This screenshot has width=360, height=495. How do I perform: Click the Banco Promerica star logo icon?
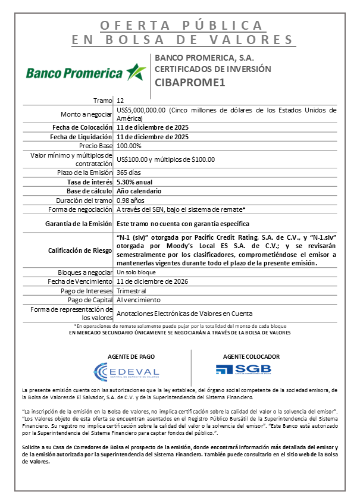point(136,72)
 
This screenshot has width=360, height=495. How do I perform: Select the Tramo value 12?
point(120,101)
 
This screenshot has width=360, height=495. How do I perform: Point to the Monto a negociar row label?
point(87,114)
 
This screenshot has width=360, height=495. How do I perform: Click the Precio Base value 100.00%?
point(129,146)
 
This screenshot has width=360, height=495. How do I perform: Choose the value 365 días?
point(131,173)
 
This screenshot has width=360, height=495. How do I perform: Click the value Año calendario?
point(139,191)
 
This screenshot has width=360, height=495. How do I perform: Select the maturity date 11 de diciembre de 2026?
point(153,281)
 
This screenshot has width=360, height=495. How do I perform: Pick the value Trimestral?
point(132,291)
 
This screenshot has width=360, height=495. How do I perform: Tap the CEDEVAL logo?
point(127,372)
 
